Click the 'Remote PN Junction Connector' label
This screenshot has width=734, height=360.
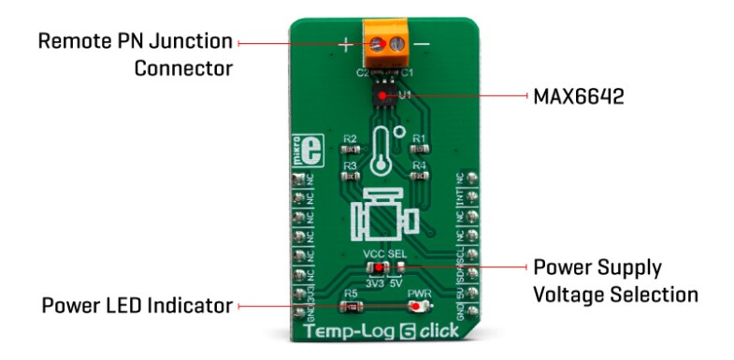coord(137,55)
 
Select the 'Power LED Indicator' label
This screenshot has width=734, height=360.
coord(137,305)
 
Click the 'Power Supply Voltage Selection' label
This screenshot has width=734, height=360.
coord(614,281)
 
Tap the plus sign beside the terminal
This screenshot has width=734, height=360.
coord(345,44)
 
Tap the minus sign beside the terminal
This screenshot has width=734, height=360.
coord(423,44)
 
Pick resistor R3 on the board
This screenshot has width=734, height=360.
coord(351,175)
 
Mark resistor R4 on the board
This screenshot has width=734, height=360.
coord(420,175)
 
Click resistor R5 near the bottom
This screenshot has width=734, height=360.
coord(352,305)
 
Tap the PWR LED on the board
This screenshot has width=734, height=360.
coord(418,305)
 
